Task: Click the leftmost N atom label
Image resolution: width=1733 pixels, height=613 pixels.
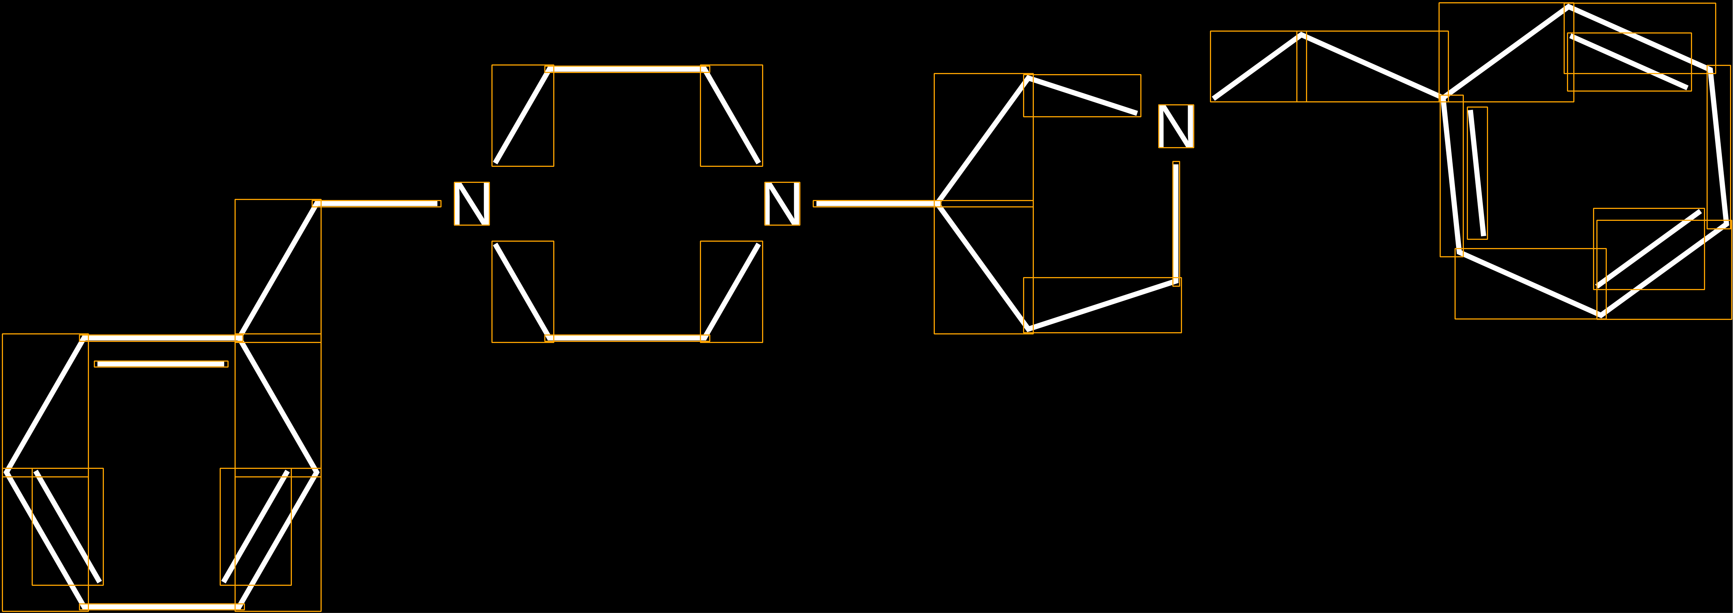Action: click(472, 203)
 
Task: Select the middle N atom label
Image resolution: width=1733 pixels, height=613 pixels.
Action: click(782, 203)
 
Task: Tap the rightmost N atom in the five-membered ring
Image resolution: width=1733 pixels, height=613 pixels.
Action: click(1176, 126)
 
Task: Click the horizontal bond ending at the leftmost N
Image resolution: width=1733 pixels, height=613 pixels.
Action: click(377, 203)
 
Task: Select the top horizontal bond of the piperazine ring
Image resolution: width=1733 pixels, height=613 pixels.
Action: click(627, 69)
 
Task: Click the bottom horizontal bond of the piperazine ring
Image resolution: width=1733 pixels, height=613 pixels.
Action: click(627, 338)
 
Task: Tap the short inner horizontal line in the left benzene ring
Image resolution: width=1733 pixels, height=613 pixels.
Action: click(162, 364)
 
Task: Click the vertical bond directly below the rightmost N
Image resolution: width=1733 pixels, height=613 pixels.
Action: click(1176, 223)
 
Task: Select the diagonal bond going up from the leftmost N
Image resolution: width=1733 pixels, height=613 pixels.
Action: click(523, 116)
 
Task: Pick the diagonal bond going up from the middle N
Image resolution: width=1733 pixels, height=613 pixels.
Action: click(731, 116)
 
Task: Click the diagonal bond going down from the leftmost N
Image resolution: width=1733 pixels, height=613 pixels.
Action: click(523, 291)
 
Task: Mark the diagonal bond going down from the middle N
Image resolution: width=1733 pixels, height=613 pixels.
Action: click(731, 291)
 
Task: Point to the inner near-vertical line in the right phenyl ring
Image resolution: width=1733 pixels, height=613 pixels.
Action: click(1477, 173)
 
